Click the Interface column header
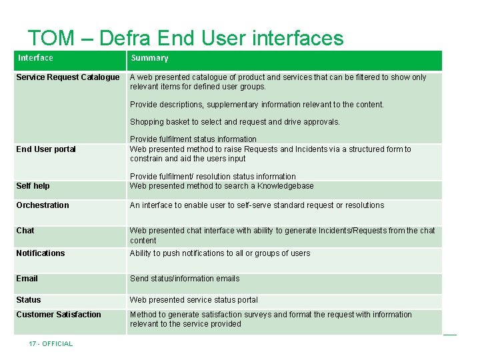tap(35, 58)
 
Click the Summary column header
tap(149, 58)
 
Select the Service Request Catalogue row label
tap(67, 77)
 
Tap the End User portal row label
tap(46, 149)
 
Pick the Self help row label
tap(33, 186)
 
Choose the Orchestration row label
tap(43, 205)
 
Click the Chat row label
tap(25, 231)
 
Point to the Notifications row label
tap(41, 253)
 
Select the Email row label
tap(27, 279)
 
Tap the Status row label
tap(29, 300)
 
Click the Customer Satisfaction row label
tap(59, 315)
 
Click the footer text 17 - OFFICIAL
tap(51, 344)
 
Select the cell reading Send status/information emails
tap(185, 279)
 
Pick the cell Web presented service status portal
tap(193, 300)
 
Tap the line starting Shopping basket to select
tap(235, 122)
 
